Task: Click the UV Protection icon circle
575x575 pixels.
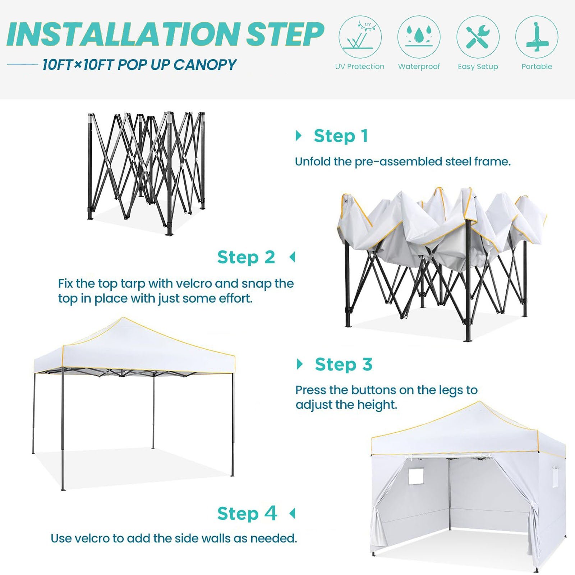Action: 360,37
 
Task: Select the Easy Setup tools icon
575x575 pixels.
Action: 478,37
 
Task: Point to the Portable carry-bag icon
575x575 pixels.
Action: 537,37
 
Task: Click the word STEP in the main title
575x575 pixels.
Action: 285,34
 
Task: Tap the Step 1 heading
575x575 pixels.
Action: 341,136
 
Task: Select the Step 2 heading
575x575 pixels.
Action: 246,257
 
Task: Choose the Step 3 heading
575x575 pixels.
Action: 344,364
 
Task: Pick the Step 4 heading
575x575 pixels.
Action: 247,513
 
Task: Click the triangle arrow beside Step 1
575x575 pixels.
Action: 298,136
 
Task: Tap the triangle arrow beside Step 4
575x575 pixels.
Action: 292,513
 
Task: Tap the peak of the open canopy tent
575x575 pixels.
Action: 123,318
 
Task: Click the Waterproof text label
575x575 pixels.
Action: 419,66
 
